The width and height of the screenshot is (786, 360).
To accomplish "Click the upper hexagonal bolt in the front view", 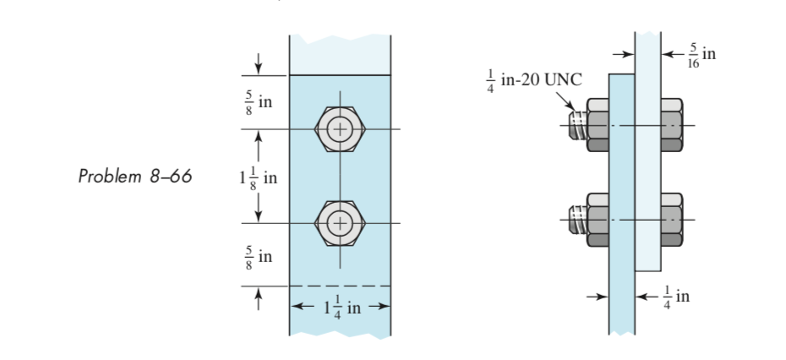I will click(x=338, y=129).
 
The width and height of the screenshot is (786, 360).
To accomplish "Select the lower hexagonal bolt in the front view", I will click(x=338, y=223).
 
